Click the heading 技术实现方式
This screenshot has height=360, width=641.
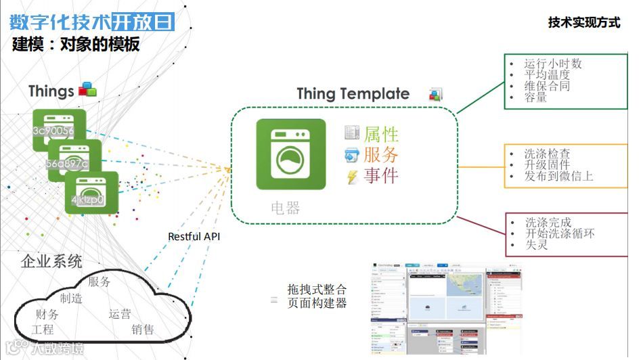click(583, 22)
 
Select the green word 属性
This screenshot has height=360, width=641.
click(381, 134)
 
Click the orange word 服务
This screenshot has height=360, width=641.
click(381, 154)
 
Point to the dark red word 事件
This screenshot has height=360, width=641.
click(381, 176)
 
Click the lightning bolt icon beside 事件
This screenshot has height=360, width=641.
click(352, 177)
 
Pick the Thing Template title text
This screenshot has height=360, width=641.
click(353, 94)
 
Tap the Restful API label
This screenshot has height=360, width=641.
click(194, 237)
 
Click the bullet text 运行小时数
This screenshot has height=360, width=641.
click(553, 63)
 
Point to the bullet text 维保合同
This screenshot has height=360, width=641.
click(547, 86)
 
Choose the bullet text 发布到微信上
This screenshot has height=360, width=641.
click(558, 176)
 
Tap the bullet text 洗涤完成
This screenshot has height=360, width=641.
click(548, 222)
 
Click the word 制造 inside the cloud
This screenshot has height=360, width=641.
click(71, 298)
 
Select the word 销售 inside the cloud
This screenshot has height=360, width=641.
click(143, 330)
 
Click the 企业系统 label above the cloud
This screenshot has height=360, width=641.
click(52, 261)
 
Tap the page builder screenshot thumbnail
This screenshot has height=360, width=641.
click(447, 308)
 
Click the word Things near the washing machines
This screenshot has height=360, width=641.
click(51, 91)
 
